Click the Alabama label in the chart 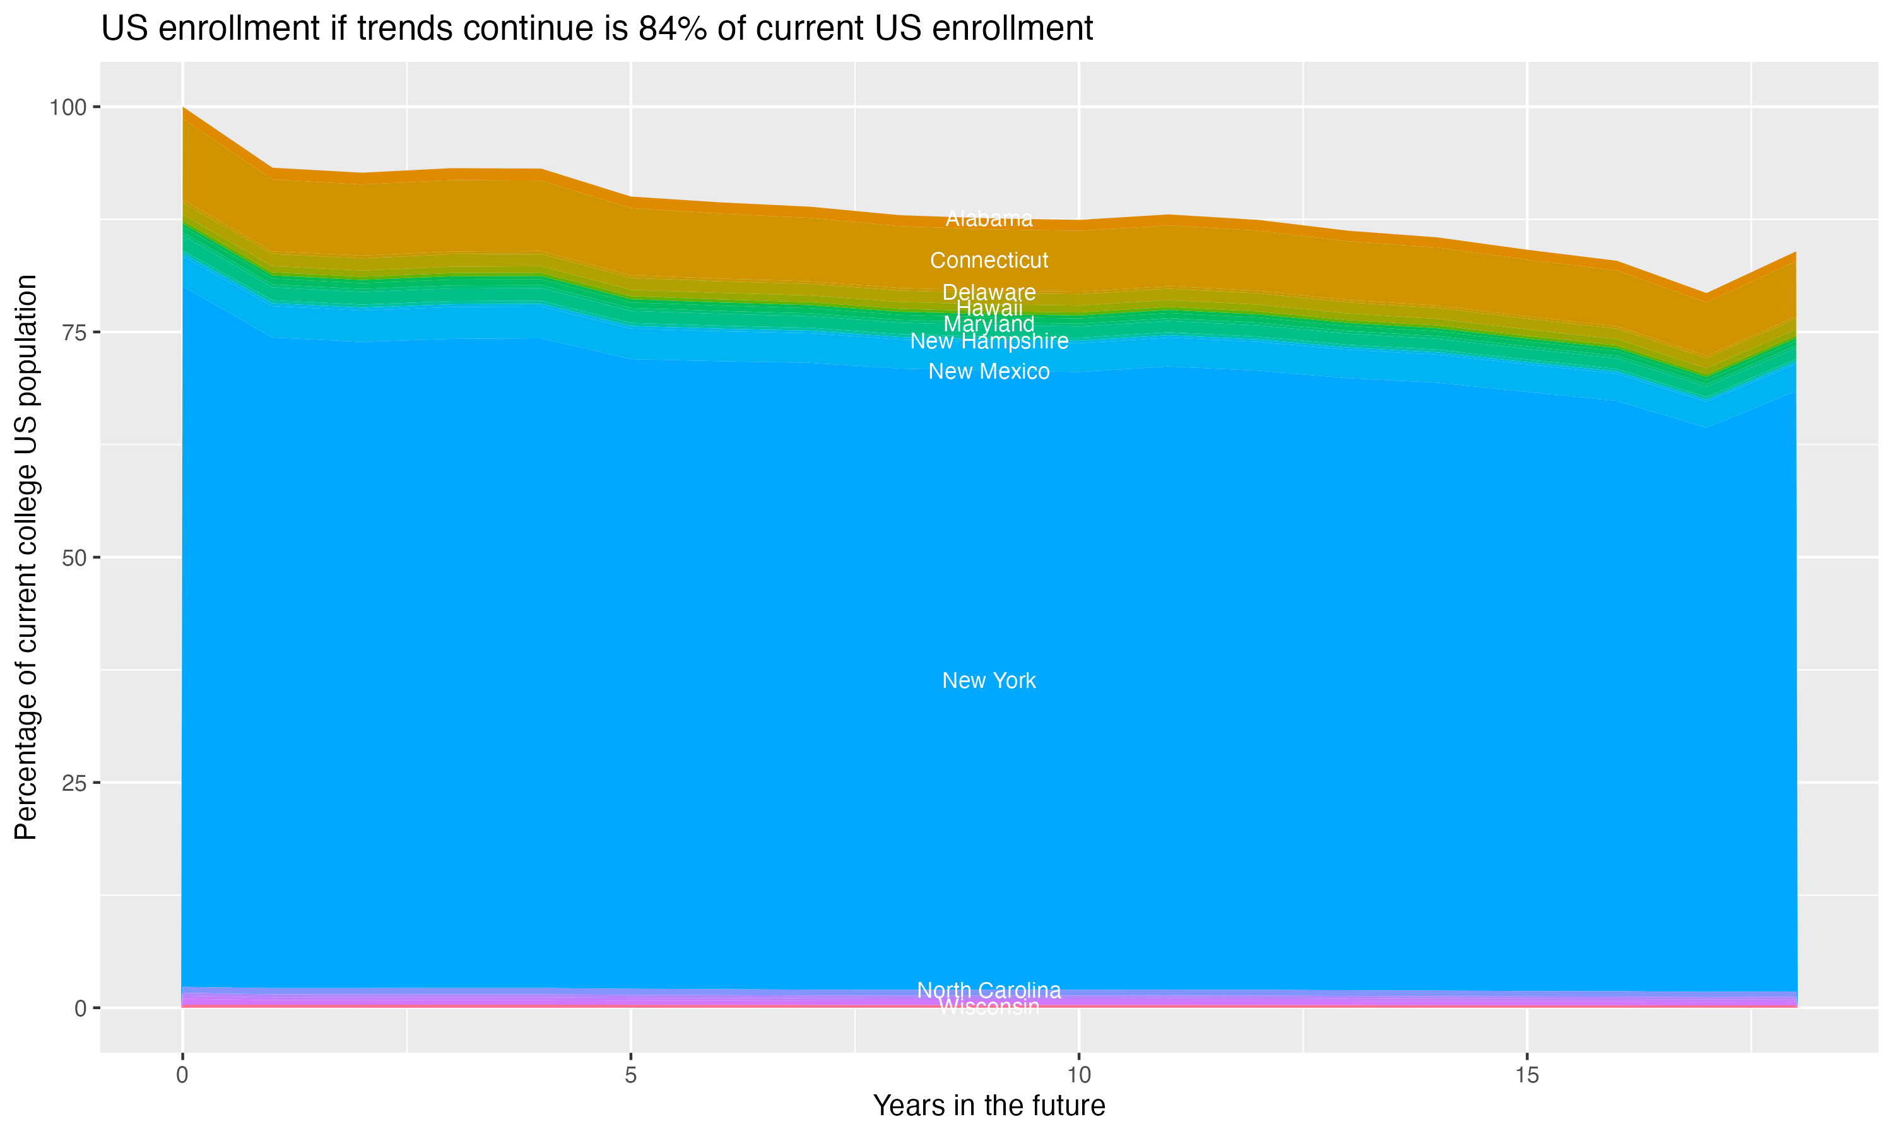coord(989,219)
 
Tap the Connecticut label coord(989,260)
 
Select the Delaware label coord(989,292)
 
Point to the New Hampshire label coord(989,341)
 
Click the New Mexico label coord(989,371)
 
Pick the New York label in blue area coord(989,680)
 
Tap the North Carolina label coord(989,990)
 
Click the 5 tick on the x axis coord(630,1075)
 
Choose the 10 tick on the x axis coord(1079,1075)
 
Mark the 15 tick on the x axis coord(1526,1075)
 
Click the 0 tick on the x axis coord(182,1075)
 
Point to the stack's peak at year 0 coord(183,108)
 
